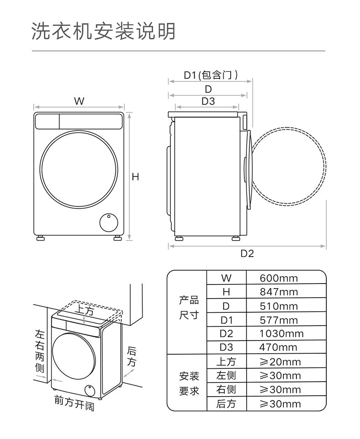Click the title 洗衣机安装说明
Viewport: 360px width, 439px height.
tap(103, 31)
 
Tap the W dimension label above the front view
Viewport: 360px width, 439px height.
tap(79, 101)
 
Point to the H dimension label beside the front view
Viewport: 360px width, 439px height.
tap(135, 177)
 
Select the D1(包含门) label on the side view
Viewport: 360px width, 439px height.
tap(211, 75)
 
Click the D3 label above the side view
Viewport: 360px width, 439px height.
tap(208, 101)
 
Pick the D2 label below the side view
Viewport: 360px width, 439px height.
tap(247, 253)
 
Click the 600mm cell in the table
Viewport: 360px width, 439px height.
tap(279, 278)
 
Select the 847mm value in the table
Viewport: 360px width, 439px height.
tap(279, 292)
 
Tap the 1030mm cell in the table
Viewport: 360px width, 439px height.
tap(281, 334)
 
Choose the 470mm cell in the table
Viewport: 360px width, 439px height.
tap(278, 347)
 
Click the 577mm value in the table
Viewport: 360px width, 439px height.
tap(279, 320)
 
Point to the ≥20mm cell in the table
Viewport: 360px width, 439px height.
tap(280, 362)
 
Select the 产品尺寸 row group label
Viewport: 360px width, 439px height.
tap(189, 307)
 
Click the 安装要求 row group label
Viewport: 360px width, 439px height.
tap(189, 383)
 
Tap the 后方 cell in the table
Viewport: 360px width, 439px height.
tap(226, 404)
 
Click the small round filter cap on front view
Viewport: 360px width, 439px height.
tap(108, 223)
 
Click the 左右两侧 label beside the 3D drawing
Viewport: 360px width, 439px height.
tap(40, 351)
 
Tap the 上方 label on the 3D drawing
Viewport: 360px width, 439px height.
tap(84, 310)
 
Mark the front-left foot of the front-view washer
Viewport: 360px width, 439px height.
tap(41, 238)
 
